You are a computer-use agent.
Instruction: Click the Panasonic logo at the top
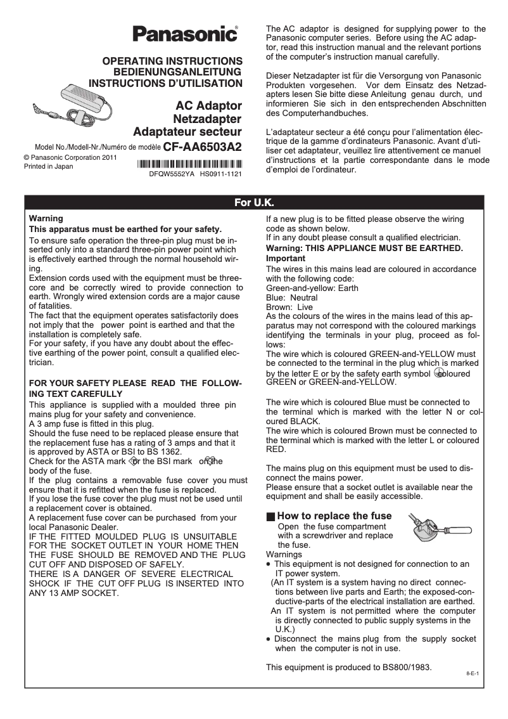click(x=184, y=34)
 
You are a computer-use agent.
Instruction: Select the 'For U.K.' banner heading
click(x=254, y=203)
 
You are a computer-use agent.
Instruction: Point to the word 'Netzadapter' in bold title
click(x=207, y=119)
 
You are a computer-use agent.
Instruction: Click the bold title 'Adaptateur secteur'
click(x=187, y=132)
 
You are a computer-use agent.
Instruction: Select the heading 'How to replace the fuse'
click(x=334, y=516)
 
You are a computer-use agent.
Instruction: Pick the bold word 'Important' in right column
click(x=285, y=259)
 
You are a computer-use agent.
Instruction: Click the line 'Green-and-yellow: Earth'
click(x=312, y=288)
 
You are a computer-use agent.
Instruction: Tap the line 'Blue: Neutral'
click(x=291, y=297)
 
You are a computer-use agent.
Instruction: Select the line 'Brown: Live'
click(x=289, y=307)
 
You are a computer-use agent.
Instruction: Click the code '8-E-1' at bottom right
click(x=471, y=671)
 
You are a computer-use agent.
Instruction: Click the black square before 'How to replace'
click(x=270, y=517)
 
